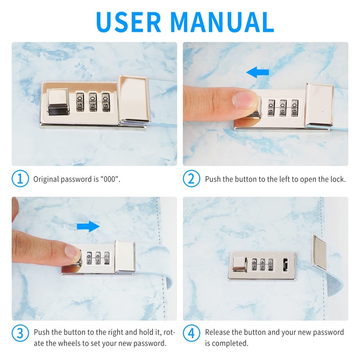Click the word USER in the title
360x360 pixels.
(129, 22)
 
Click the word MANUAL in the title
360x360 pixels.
(222, 22)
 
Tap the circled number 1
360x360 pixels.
(20, 179)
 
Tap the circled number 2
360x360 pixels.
(192, 179)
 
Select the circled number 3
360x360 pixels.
(20, 333)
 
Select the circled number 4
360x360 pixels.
(192, 333)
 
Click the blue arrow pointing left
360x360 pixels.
(257, 72)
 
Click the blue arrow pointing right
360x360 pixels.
(88, 226)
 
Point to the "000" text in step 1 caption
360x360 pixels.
(110, 179)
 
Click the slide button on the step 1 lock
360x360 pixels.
(58, 102)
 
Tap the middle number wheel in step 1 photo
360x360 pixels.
(93, 102)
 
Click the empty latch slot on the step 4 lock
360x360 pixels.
(285, 265)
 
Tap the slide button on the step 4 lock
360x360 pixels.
(240, 265)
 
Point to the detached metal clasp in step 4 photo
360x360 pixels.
(319, 252)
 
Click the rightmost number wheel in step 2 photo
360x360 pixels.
(295, 108)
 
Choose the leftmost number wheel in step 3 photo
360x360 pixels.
(89, 258)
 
